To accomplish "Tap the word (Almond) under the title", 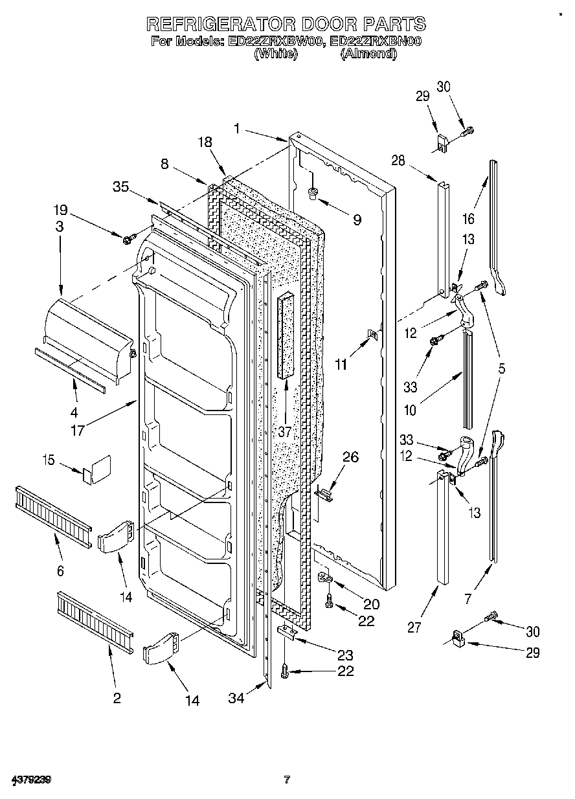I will tap(368, 54).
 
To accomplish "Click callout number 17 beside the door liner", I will tap(78, 429).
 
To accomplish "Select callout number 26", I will tap(350, 456).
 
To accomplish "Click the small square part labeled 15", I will tap(96, 469).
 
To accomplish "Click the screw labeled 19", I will tap(128, 240).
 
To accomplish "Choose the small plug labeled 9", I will tap(313, 191).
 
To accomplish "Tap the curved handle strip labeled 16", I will tap(497, 227).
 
